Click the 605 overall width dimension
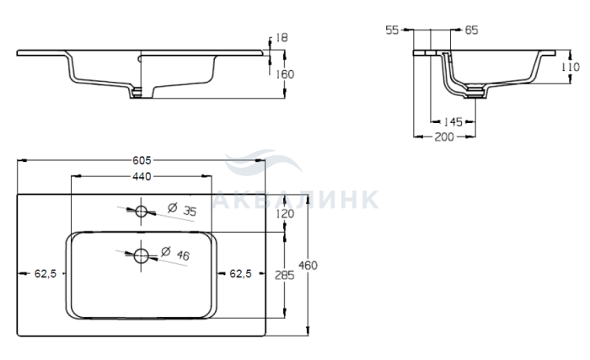pyautogui.click(x=142, y=160)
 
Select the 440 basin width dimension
pyautogui.click(x=142, y=176)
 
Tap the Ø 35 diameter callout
pyautogui.click(x=182, y=209)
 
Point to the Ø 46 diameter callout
pyautogui.click(x=175, y=254)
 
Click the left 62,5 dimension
pyautogui.click(x=46, y=274)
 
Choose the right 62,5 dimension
pyautogui.click(x=240, y=274)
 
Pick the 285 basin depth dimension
pyautogui.click(x=285, y=276)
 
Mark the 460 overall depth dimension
pyautogui.click(x=308, y=266)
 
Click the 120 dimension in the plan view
pyautogui.click(x=285, y=214)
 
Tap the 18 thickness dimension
pyautogui.click(x=282, y=38)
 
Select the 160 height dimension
pyautogui.click(x=285, y=74)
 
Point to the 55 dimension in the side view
pyautogui.click(x=392, y=30)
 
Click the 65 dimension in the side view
pyautogui.click(x=471, y=30)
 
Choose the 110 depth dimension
pyautogui.click(x=571, y=67)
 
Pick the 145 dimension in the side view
pyautogui.click(x=453, y=122)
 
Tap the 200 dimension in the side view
pyautogui.click(x=444, y=137)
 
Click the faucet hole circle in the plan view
pyautogui.click(x=141, y=212)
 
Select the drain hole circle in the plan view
pyautogui.click(x=141, y=255)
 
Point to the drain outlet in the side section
pyautogui.click(x=475, y=93)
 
